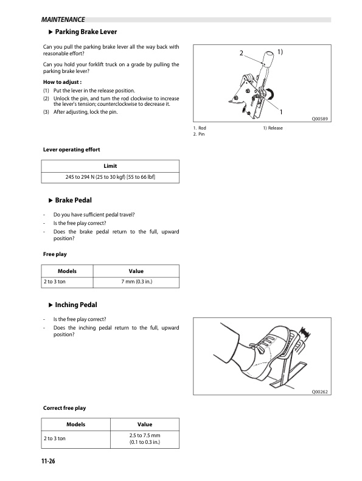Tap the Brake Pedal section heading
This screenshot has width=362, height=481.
[73, 200]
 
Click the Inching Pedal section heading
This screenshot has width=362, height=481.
[75, 305]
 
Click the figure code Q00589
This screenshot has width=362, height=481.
[321, 119]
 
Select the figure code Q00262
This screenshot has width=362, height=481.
[319, 392]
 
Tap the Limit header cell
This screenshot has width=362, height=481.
[110, 166]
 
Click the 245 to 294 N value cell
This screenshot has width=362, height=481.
[110, 177]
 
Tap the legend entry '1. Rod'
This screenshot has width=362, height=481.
[199, 128]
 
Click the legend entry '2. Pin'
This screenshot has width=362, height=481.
[198, 134]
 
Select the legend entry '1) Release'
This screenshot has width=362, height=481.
[273, 128]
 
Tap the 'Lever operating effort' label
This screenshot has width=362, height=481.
[71, 149]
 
